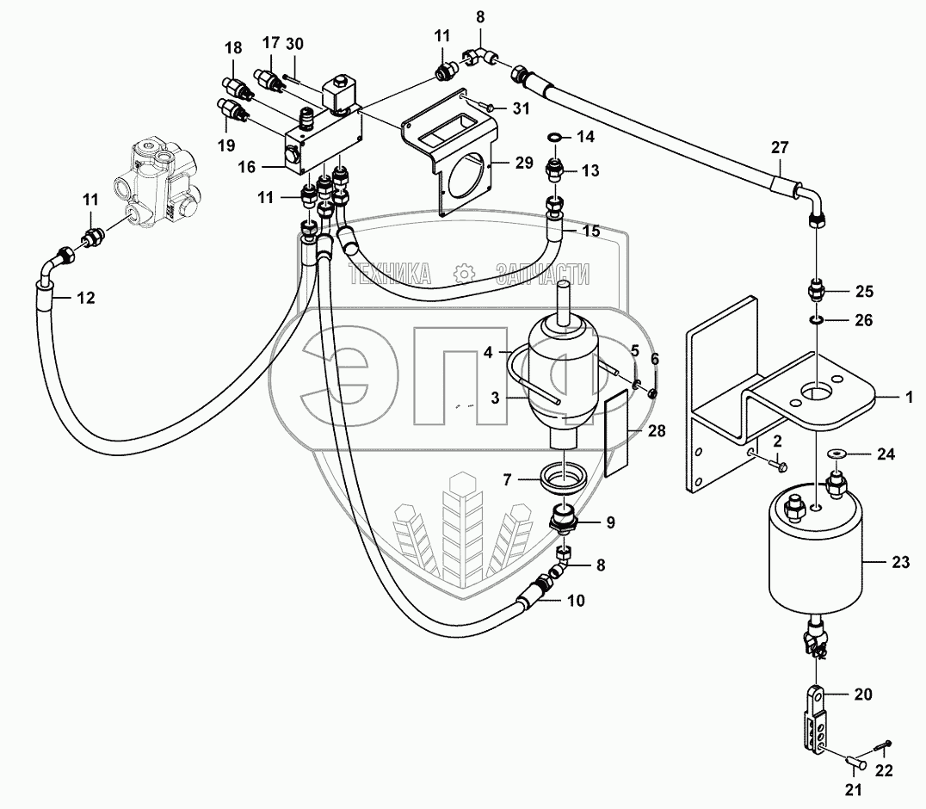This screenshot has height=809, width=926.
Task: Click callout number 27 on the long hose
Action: pyautogui.click(x=780, y=148)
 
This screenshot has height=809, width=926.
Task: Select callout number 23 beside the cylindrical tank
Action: pyautogui.click(x=900, y=562)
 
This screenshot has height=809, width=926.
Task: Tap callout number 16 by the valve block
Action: pyautogui.click(x=247, y=167)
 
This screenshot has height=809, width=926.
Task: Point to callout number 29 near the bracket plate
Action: pyautogui.click(x=524, y=163)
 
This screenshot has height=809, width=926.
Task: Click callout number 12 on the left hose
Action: pyautogui.click(x=86, y=298)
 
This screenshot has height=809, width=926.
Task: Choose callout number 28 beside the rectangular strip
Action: pyautogui.click(x=656, y=431)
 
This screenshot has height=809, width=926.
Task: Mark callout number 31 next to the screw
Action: pyautogui.click(x=521, y=108)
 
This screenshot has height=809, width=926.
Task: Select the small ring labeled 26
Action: pyautogui.click(x=816, y=320)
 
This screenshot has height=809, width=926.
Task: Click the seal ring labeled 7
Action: pyautogui.click(x=564, y=475)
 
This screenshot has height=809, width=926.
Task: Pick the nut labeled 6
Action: pyautogui.click(x=652, y=393)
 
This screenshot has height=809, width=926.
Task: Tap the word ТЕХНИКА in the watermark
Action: pyautogui.click(x=390, y=274)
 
